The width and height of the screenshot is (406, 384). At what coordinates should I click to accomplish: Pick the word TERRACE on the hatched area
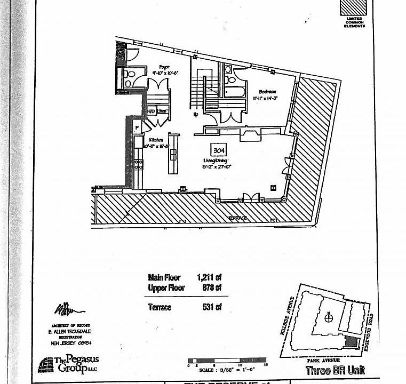(x=239, y=219)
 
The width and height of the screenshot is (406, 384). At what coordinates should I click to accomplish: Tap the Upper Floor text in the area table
(x=166, y=288)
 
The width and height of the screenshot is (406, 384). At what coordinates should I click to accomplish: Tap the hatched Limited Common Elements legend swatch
(x=353, y=7)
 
